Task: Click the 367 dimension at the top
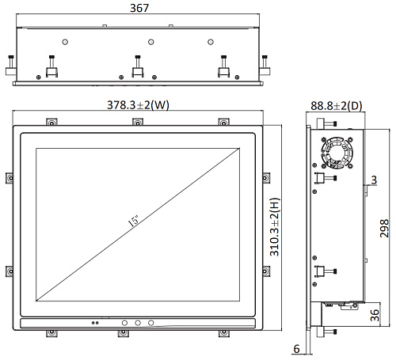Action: click(x=139, y=8)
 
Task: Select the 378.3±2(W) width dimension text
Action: click(x=138, y=105)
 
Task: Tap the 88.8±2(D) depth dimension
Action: click(x=337, y=106)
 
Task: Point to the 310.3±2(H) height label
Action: click(x=275, y=227)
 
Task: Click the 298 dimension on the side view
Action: click(x=384, y=229)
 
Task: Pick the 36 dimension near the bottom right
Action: click(x=375, y=315)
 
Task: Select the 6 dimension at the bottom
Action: click(x=297, y=349)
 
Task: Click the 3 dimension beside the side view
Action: click(x=374, y=180)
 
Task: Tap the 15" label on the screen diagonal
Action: click(x=134, y=221)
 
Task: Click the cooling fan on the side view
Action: click(x=337, y=153)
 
